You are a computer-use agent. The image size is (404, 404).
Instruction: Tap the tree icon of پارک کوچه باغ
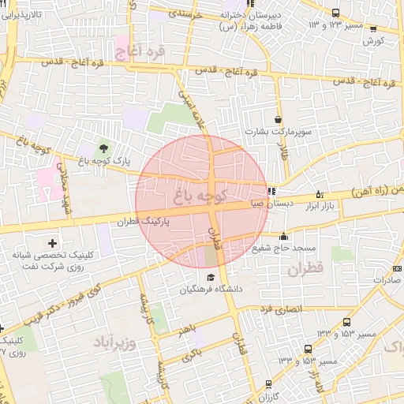click(103, 148)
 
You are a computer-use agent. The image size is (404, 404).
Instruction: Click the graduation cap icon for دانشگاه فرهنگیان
click(211, 278)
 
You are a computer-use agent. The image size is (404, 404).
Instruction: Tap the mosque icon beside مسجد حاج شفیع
click(284, 235)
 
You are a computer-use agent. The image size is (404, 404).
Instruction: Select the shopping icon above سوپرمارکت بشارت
click(278, 119)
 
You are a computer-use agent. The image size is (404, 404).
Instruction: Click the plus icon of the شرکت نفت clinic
click(53, 242)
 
